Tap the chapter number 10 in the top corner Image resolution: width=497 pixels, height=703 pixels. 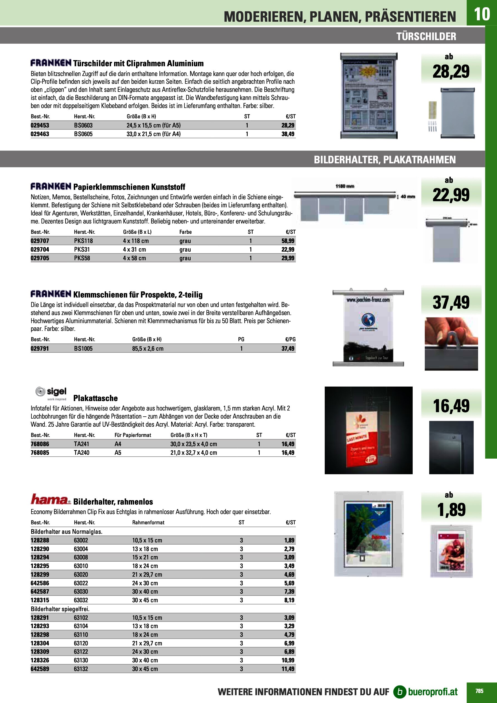click(482, 14)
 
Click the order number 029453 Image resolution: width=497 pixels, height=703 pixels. click(40, 125)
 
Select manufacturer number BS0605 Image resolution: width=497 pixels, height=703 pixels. click(83, 134)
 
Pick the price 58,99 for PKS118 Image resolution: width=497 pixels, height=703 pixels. click(288, 241)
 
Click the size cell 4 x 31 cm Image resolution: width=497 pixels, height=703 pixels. click(134, 249)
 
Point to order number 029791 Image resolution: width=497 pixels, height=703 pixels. click(40, 348)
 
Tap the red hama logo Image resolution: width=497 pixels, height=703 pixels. click(50, 499)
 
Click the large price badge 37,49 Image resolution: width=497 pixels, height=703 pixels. click(451, 302)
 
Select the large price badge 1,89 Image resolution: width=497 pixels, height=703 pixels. click(451, 510)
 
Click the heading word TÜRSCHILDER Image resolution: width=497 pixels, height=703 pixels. click(426, 36)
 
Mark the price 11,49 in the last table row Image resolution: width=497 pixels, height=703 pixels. click(288, 669)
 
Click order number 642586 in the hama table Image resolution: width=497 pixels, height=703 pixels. click(40, 583)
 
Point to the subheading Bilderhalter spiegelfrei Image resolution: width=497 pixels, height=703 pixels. click(60, 609)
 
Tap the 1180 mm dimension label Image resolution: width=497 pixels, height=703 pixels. click(345, 186)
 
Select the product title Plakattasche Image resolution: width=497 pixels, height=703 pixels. click(95, 398)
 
